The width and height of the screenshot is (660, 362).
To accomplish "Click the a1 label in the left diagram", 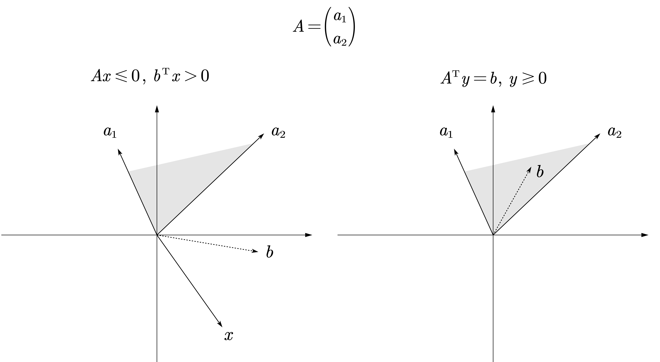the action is pos(110,132).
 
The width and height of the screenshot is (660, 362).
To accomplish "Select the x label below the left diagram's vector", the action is pos(229,335).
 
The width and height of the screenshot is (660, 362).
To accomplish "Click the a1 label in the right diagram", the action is pos(446,132).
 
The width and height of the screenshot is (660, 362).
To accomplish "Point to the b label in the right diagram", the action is pos(540,172).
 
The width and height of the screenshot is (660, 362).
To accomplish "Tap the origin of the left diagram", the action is pos(157,235).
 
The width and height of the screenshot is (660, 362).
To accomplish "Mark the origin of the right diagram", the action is pos(493,235).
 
